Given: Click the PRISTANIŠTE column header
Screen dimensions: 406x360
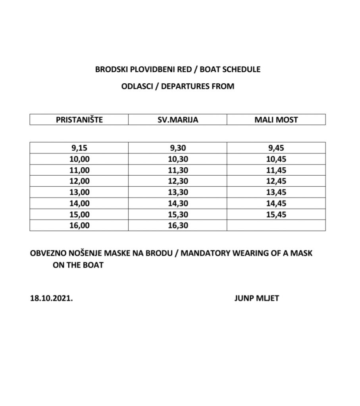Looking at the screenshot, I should (x=79, y=119).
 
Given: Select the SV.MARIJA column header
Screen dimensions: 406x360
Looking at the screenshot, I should (x=177, y=119).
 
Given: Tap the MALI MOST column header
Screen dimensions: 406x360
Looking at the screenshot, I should (x=276, y=119).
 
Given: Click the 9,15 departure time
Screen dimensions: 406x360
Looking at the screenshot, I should (x=79, y=148).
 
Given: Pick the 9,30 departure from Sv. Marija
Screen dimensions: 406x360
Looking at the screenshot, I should (x=177, y=148).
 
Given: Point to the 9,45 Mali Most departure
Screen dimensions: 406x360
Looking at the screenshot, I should (x=276, y=148).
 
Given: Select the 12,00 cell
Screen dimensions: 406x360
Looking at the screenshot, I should (x=79, y=181).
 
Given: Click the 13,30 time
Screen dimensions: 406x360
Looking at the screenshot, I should (x=177, y=192).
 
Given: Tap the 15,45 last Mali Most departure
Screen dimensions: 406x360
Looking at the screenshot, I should (x=276, y=214).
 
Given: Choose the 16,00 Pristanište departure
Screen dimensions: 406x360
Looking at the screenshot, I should (x=79, y=225).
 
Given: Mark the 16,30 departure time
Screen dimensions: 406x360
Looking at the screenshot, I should (x=177, y=225).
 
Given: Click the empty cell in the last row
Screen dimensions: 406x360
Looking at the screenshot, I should (x=276, y=225).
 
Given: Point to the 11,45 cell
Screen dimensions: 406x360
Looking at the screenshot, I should (x=276, y=170).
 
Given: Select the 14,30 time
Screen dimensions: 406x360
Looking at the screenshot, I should (x=177, y=203).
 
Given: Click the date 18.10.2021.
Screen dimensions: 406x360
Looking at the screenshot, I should (x=51, y=298).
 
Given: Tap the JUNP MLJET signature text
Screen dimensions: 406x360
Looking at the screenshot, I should (x=256, y=298).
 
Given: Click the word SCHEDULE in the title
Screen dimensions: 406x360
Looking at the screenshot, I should (x=242, y=69).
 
